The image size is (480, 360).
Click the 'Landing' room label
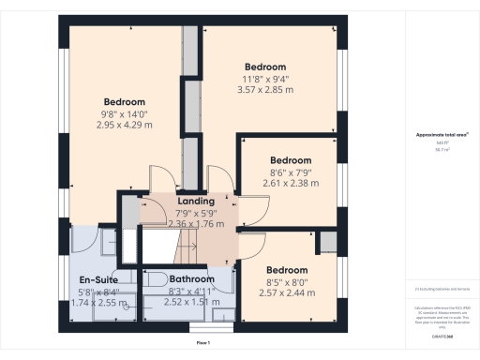click(196, 201)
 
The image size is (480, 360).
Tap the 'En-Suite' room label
click(97, 279)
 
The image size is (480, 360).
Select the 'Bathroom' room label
click(191, 279)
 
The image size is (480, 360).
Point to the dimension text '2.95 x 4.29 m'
click(125, 125)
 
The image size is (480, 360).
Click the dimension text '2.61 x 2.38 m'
click(290, 184)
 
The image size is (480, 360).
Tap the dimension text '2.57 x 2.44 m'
click(289, 292)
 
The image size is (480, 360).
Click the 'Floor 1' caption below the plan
click(202, 345)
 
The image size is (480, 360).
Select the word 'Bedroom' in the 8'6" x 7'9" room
click(290, 160)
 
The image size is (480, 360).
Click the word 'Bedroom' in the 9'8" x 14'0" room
click(125, 101)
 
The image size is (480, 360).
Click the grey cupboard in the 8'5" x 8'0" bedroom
click(326, 242)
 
